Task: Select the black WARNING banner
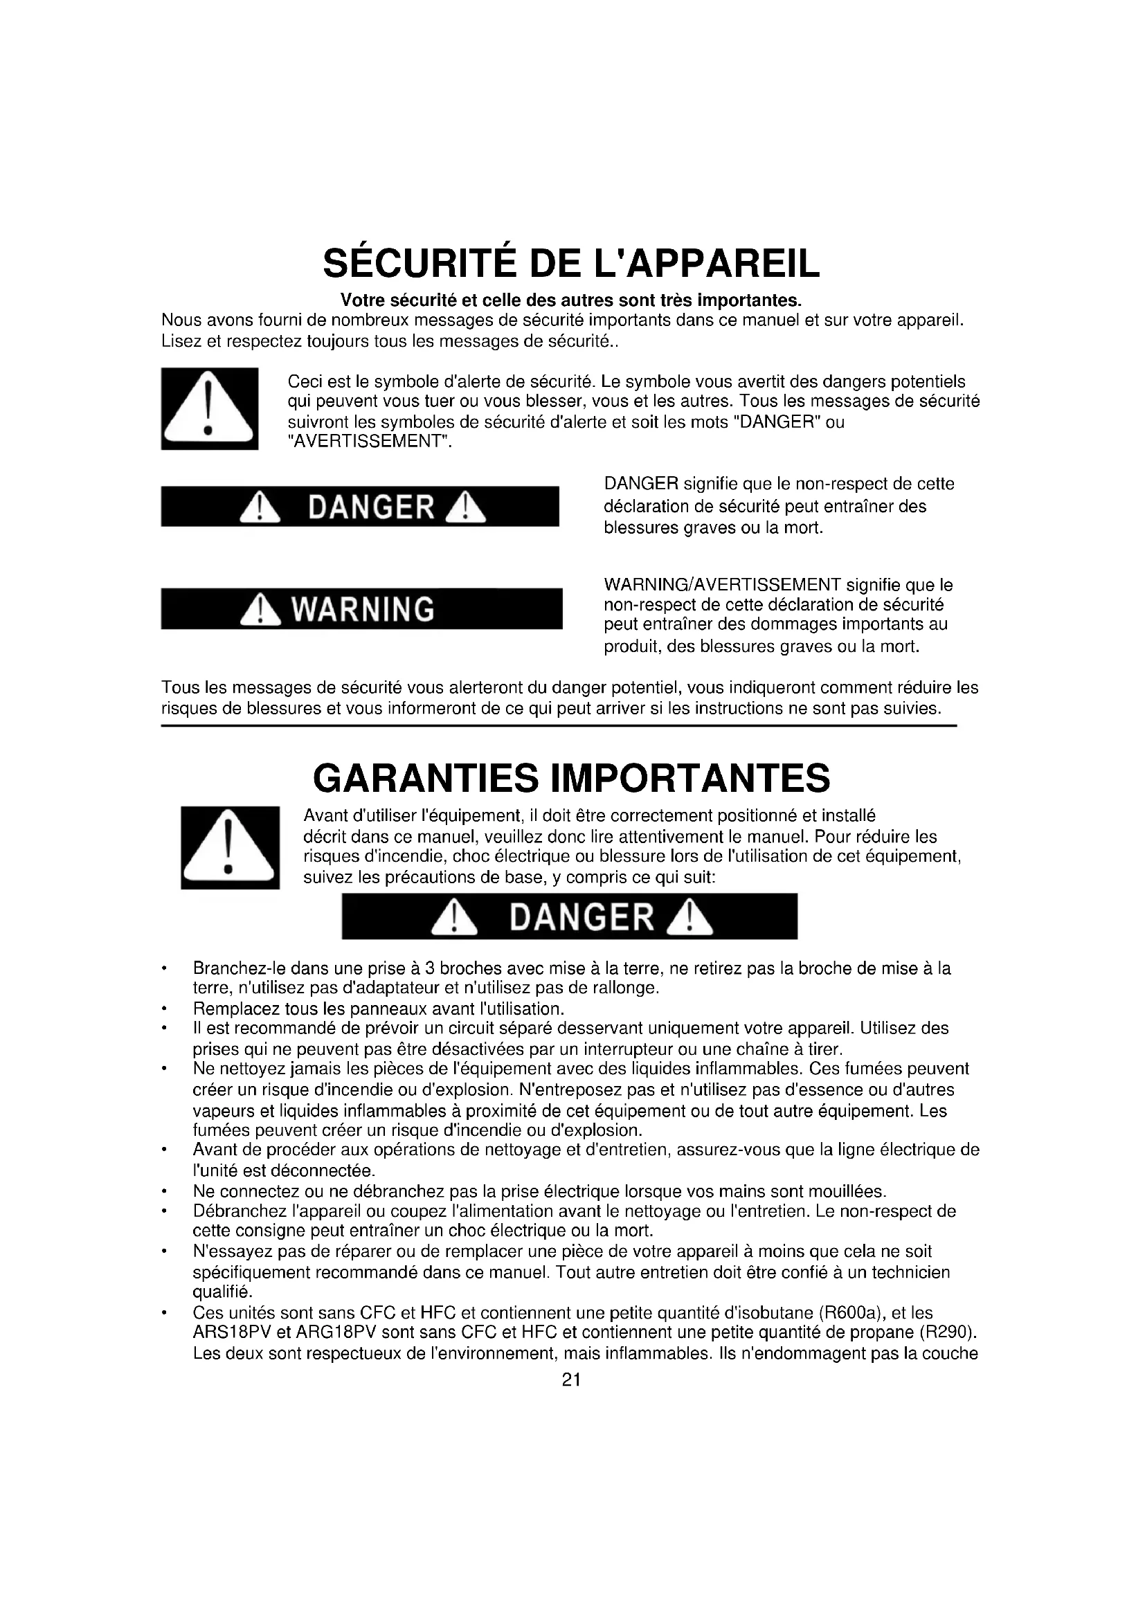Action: point(361,608)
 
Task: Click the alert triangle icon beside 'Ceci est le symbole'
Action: point(209,408)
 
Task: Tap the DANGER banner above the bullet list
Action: point(570,916)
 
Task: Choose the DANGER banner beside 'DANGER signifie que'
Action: point(359,505)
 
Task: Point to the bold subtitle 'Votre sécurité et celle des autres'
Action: point(571,300)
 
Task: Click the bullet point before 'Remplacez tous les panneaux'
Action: point(163,1008)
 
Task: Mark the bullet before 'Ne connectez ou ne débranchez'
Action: point(163,1192)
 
